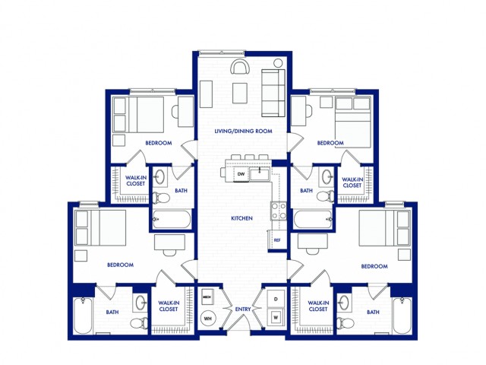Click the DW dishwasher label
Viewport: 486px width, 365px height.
click(241, 174)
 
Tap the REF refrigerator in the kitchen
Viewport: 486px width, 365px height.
click(277, 240)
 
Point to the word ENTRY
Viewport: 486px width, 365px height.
click(242, 309)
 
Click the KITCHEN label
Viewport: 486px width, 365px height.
click(241, 218)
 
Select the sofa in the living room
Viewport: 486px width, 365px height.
click(271, 92)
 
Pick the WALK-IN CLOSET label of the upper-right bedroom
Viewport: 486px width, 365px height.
click(352, 182)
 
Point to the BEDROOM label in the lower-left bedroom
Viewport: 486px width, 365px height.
click(120, 265)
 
